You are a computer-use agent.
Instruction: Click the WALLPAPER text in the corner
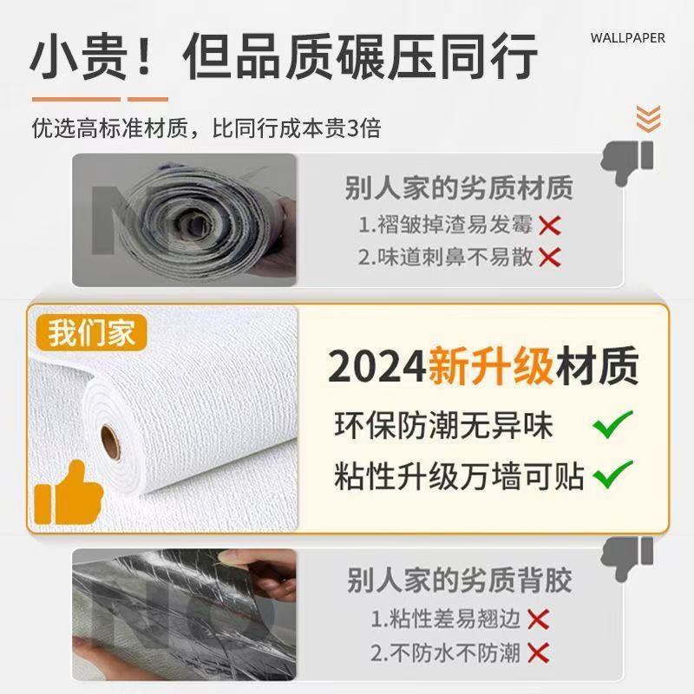pyautogui.click(x=627, y=38)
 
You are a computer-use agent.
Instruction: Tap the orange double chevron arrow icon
pyautogui.click(x=648, y=118)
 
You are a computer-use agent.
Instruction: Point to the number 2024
pyautogui.click(x=376, y=367)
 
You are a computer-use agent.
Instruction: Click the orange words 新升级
pyautogui.click(x=490, y=367)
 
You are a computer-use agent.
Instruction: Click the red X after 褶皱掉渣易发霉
pyautogui.click(x=549, y=226)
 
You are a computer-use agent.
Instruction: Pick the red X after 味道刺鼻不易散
pyautogui.click(x=549, y=257)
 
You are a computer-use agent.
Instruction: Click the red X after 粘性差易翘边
pyautogui.click(x=539, y=619)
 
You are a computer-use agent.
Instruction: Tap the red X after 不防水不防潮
pyautogui.click(x=539, y=652)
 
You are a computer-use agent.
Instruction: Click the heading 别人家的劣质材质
pyautogui.click(x=458, y=187)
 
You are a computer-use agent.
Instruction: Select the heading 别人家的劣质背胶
pyautogui.click(x=459, y=580)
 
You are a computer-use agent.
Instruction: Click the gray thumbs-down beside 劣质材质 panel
pyautogui.click(x=639, y=160)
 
